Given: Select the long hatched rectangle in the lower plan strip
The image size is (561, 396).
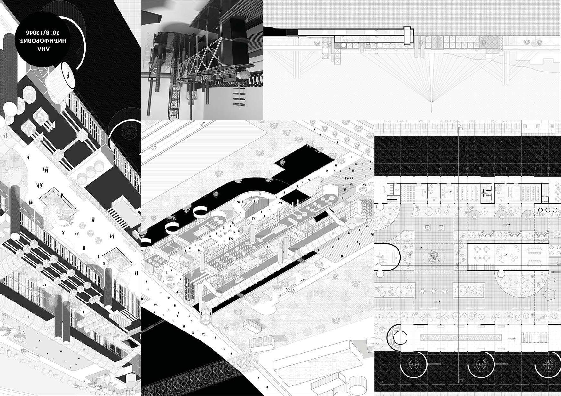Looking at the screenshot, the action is tap(461, 338).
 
